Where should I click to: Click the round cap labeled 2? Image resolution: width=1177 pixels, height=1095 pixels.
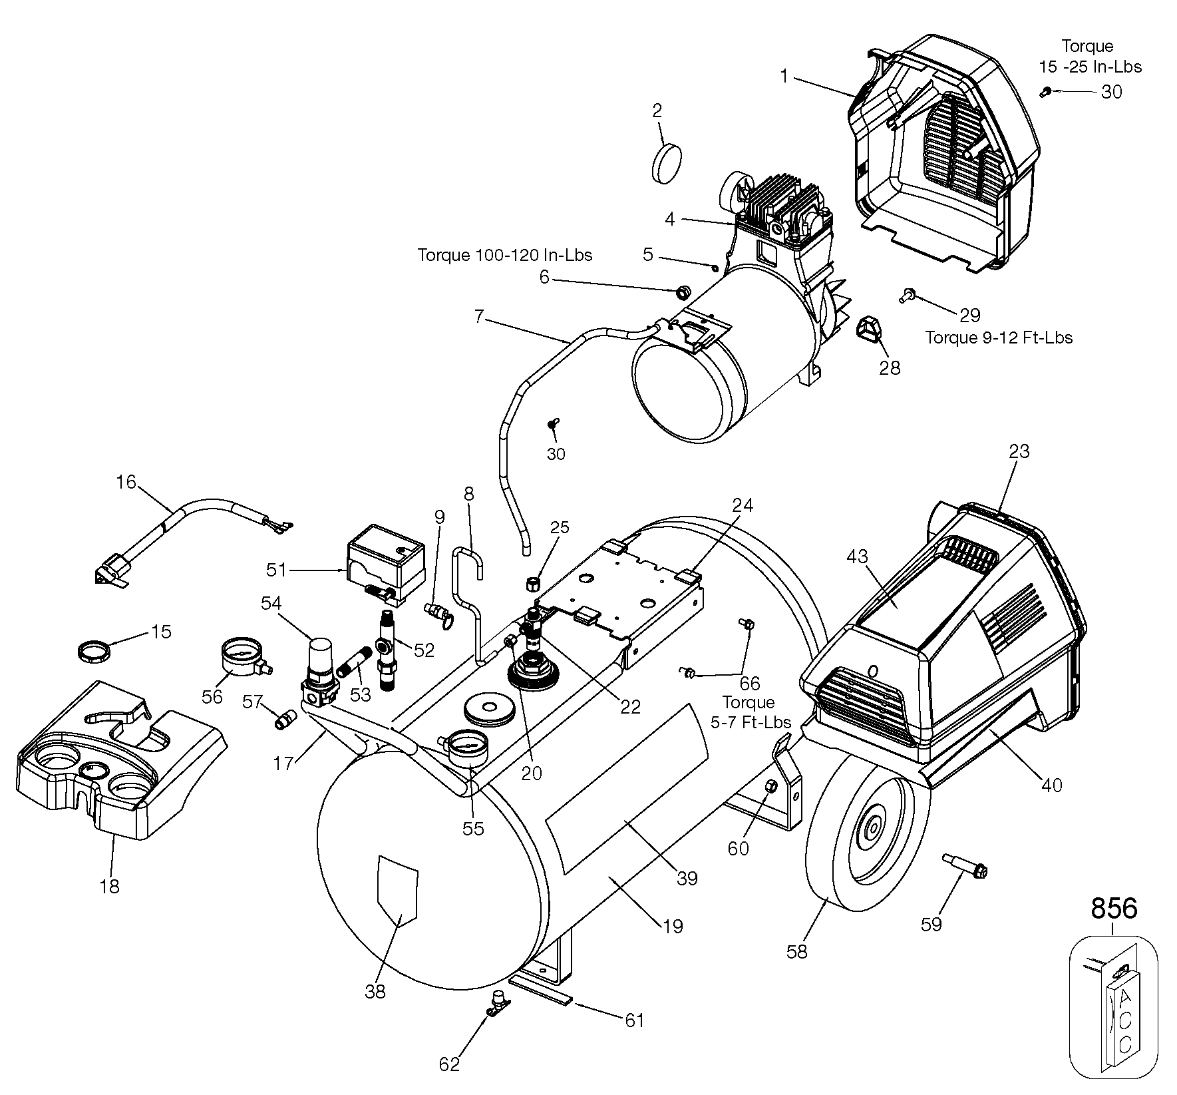coord(666,163)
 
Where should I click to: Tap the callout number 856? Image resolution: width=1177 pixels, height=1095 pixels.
coord(1114,908)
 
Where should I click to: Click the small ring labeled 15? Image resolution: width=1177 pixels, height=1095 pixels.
coord(92,648)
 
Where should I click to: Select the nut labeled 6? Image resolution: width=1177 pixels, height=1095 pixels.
coord(682,292)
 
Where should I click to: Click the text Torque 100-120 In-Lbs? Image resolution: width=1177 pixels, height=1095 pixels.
coord(504,255)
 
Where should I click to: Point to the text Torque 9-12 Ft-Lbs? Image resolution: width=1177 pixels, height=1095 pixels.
coord(999,337)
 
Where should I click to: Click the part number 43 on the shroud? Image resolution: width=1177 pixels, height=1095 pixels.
coord(858,556)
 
